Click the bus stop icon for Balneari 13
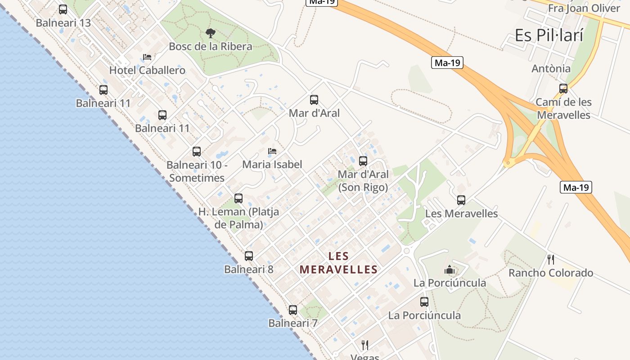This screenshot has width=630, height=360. [x=63, y=9]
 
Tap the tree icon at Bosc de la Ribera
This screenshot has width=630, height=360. [x=210, y=33]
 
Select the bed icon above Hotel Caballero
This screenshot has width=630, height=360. [x=147, y=57]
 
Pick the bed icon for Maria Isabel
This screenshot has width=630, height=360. [x=272, y=151]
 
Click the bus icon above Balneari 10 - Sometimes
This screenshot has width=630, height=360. [x=197, y=152]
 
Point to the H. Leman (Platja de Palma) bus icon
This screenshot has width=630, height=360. [x=238, y=198]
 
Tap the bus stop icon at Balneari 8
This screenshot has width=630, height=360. [x=249, y=256]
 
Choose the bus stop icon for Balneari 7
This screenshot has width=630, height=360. [x=293, y=310]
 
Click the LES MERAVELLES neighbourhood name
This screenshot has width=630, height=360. [x=338, y=263]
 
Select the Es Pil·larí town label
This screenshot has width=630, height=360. [x=549, y=35]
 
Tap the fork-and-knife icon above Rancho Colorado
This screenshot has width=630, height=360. [x=550, y=259]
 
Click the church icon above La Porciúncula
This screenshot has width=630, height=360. [x=449, y=270]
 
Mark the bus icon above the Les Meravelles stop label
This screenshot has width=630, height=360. [x=461, y=200]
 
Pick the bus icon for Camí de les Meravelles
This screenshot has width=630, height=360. [x=563, y=89]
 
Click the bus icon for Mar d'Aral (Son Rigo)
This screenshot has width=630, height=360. [x=363, y=161]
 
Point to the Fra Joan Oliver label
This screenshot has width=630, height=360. [x=584, y=9]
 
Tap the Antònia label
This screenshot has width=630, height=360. [x=551, y=69]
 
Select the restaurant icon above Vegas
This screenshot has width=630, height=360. [x=365, y=345]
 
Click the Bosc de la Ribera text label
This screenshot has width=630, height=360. [x=211, y=46]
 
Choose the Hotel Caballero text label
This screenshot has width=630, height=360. [x=147, y=70]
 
